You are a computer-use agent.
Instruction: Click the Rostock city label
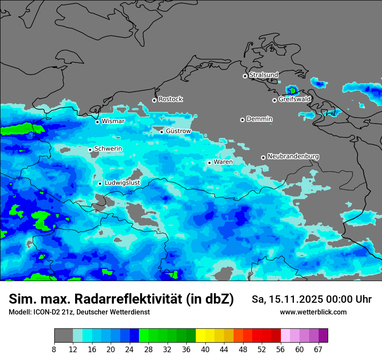click(x=170, y=99)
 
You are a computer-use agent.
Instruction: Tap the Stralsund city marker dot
click(x=245, y=76)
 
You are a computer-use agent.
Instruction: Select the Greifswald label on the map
click(x=294, y=99)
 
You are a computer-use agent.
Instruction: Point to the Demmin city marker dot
click(x=242, y=120)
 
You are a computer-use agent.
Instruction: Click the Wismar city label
click(x=113, y=121)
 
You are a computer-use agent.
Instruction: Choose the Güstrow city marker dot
click(x=161, y=132)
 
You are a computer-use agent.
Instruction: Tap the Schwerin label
click(x=108, y=149)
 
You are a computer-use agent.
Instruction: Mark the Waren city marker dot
click(x=209, y=163)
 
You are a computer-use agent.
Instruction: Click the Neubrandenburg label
click(x=293, y=156)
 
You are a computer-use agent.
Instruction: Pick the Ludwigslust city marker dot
click(x=100, y=183)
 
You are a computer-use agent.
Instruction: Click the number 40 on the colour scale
click(x=205, y=350)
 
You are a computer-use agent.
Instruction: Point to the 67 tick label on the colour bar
click(x=318, y=350)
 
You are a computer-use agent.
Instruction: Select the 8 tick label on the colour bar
click(x=54, y=350)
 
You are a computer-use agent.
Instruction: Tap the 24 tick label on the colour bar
click(x=129, y=350)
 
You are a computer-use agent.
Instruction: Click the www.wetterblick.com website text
click(x=313, y=312)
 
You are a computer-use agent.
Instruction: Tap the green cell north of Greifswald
click(x=292, y=91)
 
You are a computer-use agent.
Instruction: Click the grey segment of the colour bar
click(x=63, y=336)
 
